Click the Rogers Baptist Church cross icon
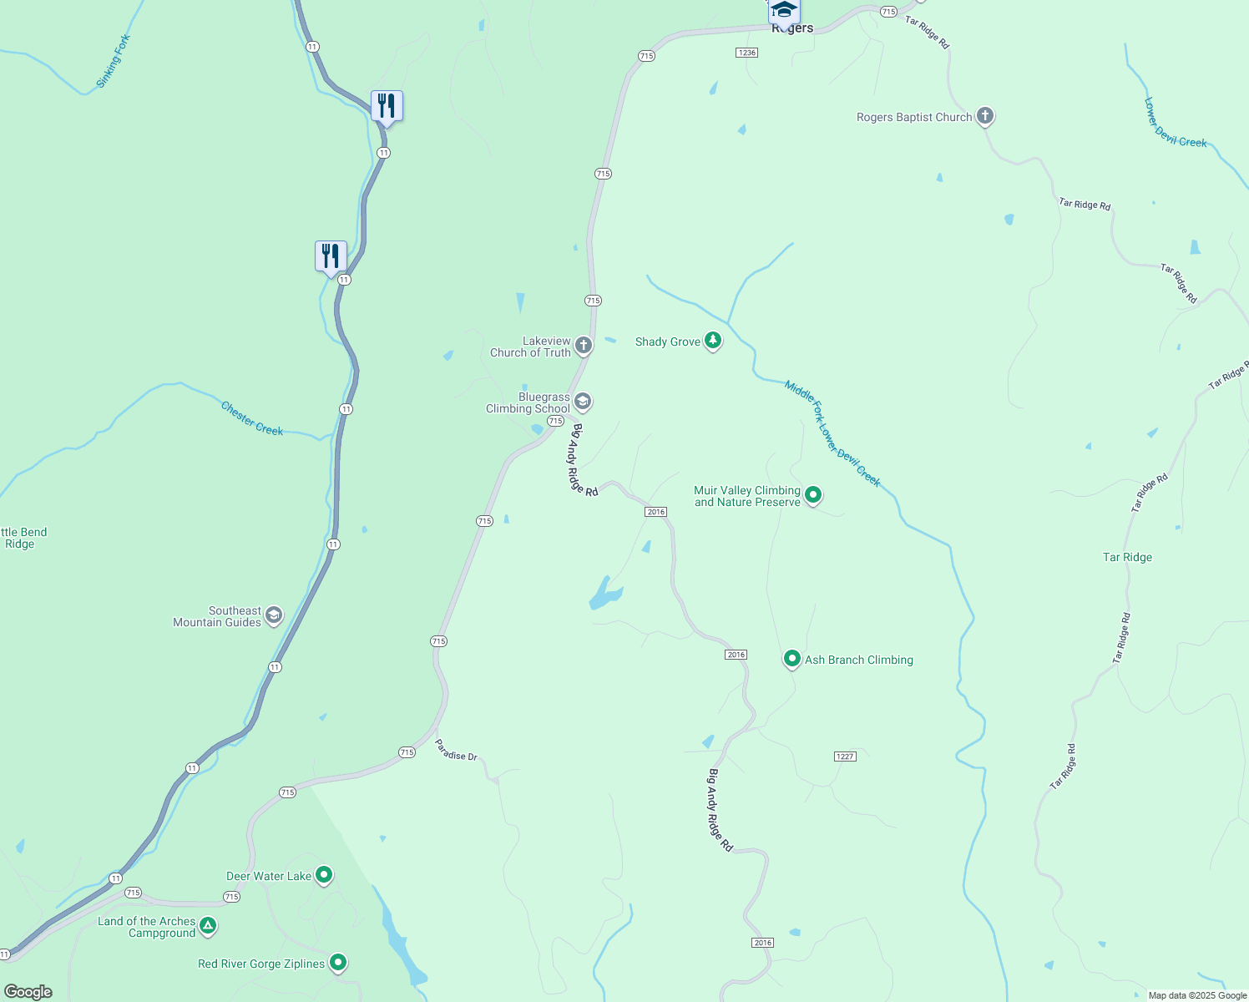[985, 116]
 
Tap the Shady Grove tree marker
[712, 341]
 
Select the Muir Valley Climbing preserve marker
[812, 495]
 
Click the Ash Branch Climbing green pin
[791, 659]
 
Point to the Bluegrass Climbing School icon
[583, 402]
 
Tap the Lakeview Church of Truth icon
[583, 345]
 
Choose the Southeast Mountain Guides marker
[273, 616]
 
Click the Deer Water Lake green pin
[324, 875]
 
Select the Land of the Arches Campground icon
[208, 926]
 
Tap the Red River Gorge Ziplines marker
[337, 963]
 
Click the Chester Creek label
[252, 418]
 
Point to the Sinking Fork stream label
[113, 61]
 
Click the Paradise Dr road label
[456, 751]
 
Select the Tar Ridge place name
[1127, 557]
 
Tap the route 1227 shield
[845, 757]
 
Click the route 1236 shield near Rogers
[746, 53]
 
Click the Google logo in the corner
[28, 991]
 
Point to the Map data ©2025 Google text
[1197, 995]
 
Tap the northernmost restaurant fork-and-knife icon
[387, 106]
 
